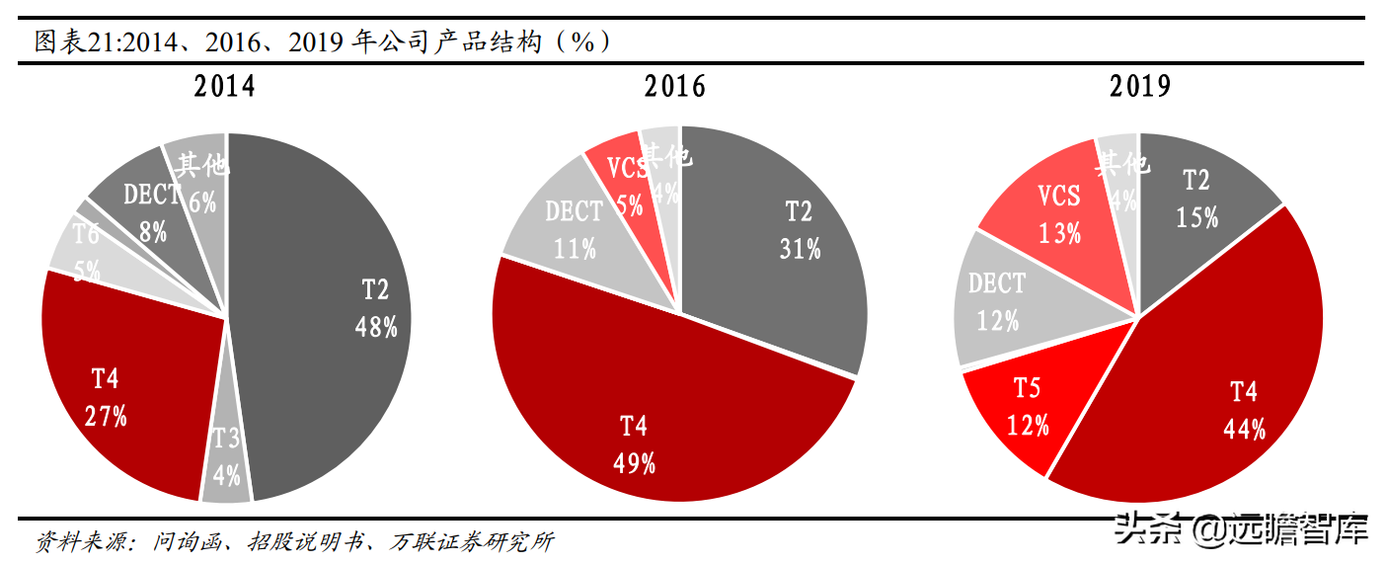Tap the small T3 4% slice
click(x=226, y=454)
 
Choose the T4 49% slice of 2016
click(x=642, y=415)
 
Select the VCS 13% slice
click(x=1061, y=212)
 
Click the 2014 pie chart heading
click(x=224, y=87)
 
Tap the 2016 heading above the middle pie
click(x=675, y=87)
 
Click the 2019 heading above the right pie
click(x=1140, y=87)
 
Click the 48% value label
click(x=376, y=328)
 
